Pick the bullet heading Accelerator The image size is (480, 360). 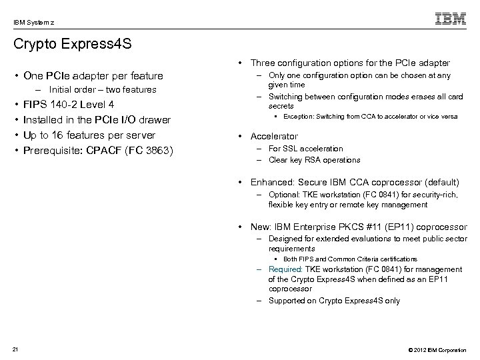[274, 136]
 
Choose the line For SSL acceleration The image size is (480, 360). [305, 149]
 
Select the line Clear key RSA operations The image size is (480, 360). [313, 159]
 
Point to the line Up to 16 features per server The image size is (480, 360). [89, 135]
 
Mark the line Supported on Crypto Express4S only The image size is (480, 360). [334, 300]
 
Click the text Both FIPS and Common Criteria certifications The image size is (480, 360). [351, 258]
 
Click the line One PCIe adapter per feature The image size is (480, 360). [93, 76]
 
